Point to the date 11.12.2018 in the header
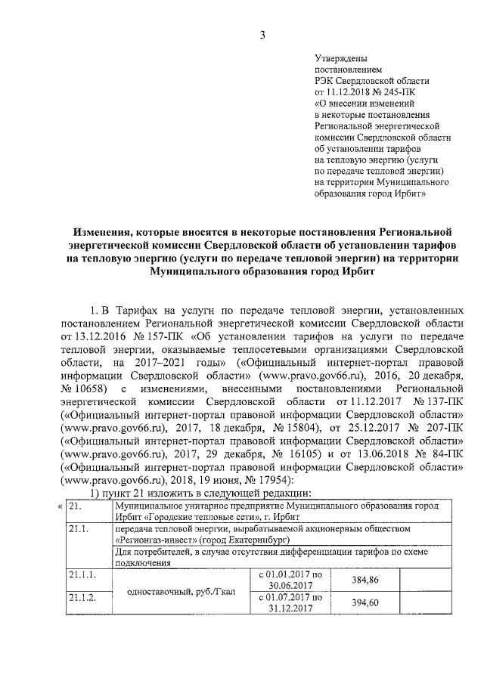[x=352, y=91]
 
